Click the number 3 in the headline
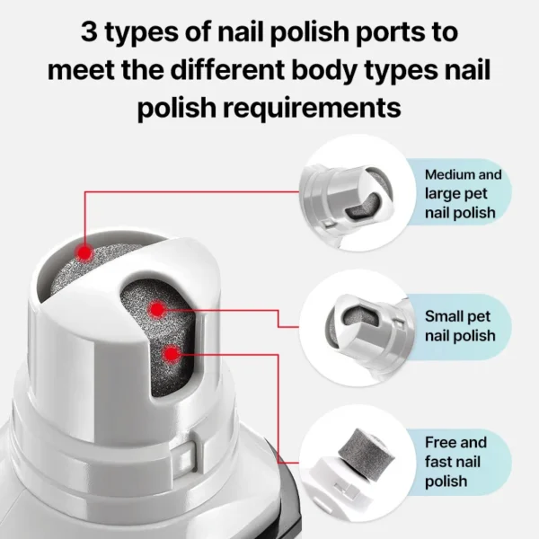click(x=89, y=31)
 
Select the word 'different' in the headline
click(x=227, y=69)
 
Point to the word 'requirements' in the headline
click(x=312, y=109)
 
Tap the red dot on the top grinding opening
click(x=84, y=253)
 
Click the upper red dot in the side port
click(x=156, y=309)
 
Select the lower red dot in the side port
click(x=172, y=354)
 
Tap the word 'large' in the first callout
click(x=440, y=194)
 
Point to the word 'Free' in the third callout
click(x=438, y=442)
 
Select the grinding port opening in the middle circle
click(x=360, y=316)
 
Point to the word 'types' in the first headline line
click(x=141, y=33)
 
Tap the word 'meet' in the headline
click(x=82, y=70)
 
